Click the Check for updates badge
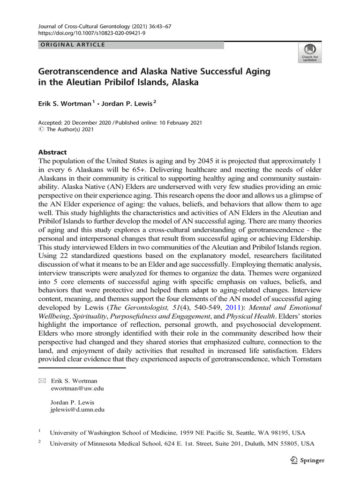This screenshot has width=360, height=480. pos(309,53)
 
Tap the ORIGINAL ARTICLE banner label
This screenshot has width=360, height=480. pos(71,45)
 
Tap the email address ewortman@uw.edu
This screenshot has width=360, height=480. pos(77,389)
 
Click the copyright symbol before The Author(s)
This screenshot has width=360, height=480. pos(40,130)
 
